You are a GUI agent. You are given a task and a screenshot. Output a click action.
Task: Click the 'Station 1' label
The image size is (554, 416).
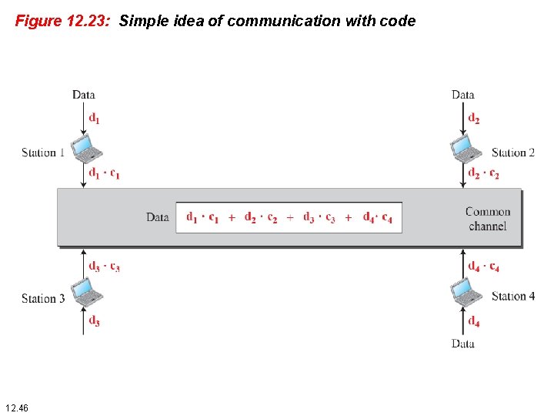[43, 153]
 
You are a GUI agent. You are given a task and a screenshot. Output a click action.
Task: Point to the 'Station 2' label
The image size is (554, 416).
[512, 153]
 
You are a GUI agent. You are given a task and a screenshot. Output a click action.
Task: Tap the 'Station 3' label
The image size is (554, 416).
[43, 298]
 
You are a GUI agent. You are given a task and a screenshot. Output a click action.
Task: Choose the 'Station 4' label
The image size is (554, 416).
[512, 296]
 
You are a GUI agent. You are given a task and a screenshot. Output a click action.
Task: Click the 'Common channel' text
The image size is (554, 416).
[488, 219]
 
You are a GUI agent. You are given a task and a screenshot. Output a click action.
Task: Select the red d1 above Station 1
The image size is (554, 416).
[94, 119]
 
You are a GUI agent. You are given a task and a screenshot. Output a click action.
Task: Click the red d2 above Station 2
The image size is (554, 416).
[474, 119]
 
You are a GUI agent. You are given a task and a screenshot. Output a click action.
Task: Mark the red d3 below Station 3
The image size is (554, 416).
[94, 321]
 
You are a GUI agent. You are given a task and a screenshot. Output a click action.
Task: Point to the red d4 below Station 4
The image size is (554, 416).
[474, 321]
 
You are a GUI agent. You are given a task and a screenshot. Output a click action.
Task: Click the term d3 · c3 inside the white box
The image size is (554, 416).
[319, 218]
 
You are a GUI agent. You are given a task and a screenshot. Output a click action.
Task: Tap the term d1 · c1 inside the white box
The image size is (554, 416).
[202, 218]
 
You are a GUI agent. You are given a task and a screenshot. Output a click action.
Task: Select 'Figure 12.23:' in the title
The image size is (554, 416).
[65, 22]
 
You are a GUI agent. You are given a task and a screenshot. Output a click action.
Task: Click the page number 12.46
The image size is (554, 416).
[16, 407]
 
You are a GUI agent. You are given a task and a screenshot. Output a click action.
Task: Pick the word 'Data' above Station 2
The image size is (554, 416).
[463, 95]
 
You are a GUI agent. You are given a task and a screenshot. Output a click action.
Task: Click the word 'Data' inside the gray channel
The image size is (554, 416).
[158, 217]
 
